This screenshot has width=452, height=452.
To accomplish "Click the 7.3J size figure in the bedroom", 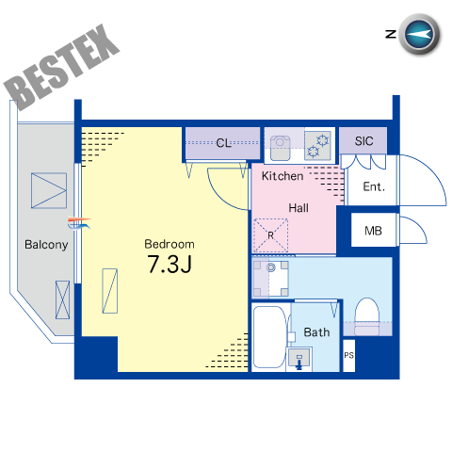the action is tap(169, 264).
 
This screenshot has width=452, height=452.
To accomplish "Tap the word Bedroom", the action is tap(169, 244).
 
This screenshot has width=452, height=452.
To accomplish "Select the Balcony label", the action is tap(46, 245).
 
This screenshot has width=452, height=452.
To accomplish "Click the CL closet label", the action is tap(223, 143).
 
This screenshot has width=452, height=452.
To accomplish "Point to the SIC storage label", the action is tap(363, 141).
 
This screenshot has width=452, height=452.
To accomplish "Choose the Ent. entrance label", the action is tap(374, 186).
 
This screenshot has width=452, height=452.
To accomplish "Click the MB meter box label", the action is tap(373, 231).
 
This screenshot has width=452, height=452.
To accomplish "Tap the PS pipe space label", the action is tap(348, 355).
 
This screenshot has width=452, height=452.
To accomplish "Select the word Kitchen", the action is tap(282, 176).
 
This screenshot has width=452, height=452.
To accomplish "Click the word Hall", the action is tap(299, 208).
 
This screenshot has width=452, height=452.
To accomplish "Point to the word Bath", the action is tap(316, 332).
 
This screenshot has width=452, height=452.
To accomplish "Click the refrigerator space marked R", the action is tap(270, 235).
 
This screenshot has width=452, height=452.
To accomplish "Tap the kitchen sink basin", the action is tap(281, 147).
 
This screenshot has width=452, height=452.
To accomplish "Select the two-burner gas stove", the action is tap(317, 145).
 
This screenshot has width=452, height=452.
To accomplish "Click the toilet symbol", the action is tap(366, 316).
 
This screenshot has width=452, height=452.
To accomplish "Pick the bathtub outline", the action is tap(270, 337).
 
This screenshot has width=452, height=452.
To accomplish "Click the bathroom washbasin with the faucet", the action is tap(299, 359).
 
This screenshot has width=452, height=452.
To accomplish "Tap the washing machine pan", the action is tap(270, 278).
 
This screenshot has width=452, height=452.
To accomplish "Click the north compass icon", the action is tap(419, 34).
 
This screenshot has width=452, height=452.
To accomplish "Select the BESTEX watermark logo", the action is tap(61, 67).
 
